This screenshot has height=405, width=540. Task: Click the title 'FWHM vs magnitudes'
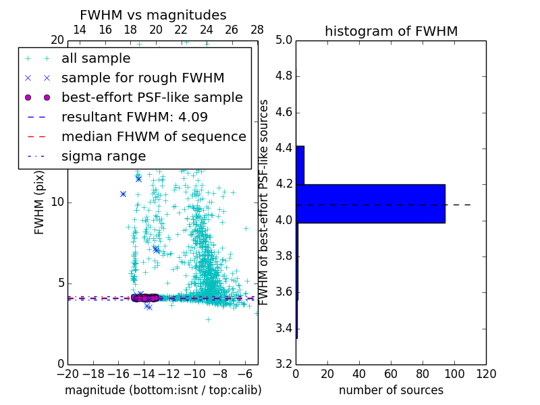tap(153, 16)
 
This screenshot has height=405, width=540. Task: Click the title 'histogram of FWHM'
tap(391, 32)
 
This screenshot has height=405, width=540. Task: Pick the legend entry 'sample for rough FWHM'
tap(142, 78)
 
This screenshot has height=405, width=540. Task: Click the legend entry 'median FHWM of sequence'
tap(153, 136)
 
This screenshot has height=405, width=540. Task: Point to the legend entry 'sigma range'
tap(103, 156)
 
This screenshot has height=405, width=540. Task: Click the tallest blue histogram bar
tap(371, 203)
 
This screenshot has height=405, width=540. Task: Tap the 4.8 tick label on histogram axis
tap(283, 76)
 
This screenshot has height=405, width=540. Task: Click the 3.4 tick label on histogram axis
tap(283, 329)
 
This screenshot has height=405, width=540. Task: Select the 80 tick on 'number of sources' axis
tap(423, 373)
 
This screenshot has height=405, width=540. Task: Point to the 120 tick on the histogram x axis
tap(485, 373)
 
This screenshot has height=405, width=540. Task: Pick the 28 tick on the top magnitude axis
tap(257, 30)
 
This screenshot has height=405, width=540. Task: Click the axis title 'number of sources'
tap(391, 390)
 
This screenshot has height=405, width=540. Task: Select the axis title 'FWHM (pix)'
tap(40, 202)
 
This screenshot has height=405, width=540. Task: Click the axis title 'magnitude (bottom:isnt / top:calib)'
tap(163, 390)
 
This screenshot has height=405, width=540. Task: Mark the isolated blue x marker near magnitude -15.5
tap(123, 194)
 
